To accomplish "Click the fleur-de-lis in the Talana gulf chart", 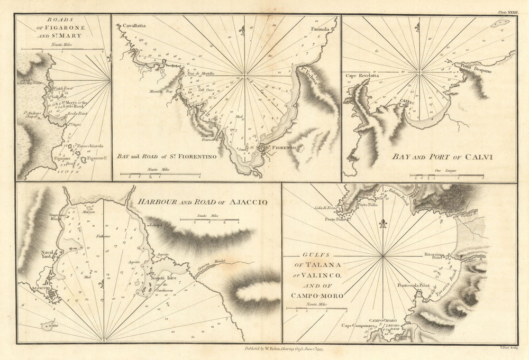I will (x=383, y=223).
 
